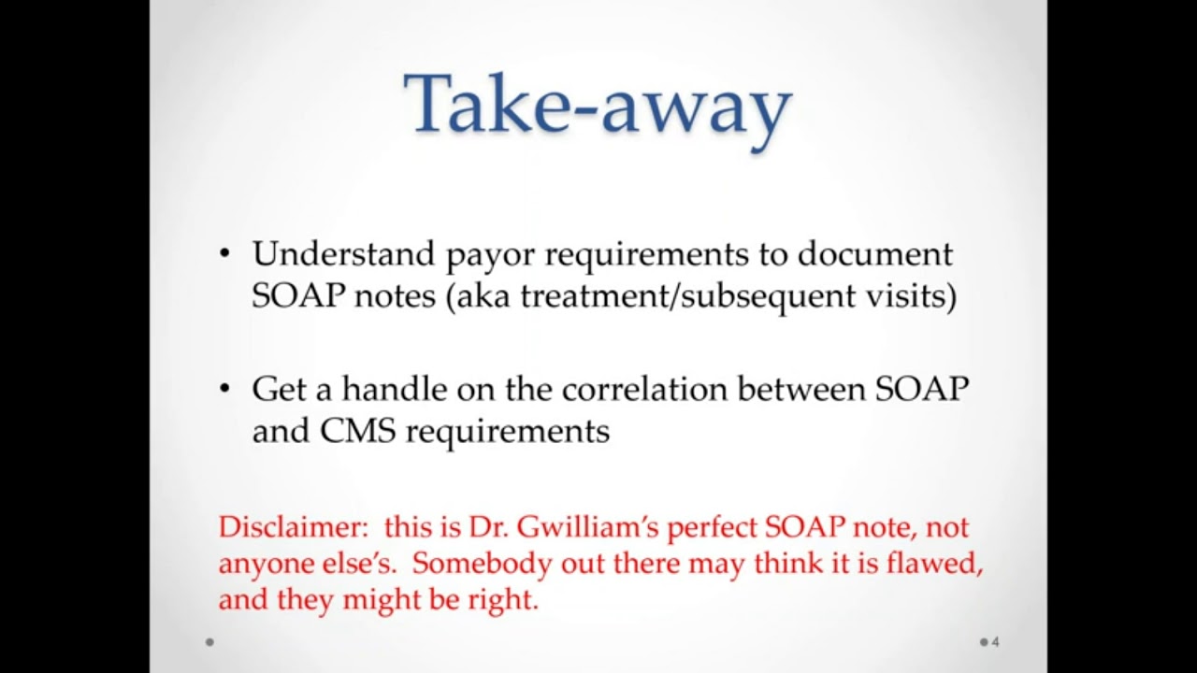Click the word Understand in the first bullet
(343, 254)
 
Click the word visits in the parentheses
(916, 296)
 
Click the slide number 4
(995, 642)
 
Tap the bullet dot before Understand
(224, 254)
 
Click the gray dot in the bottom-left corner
(209, 642)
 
